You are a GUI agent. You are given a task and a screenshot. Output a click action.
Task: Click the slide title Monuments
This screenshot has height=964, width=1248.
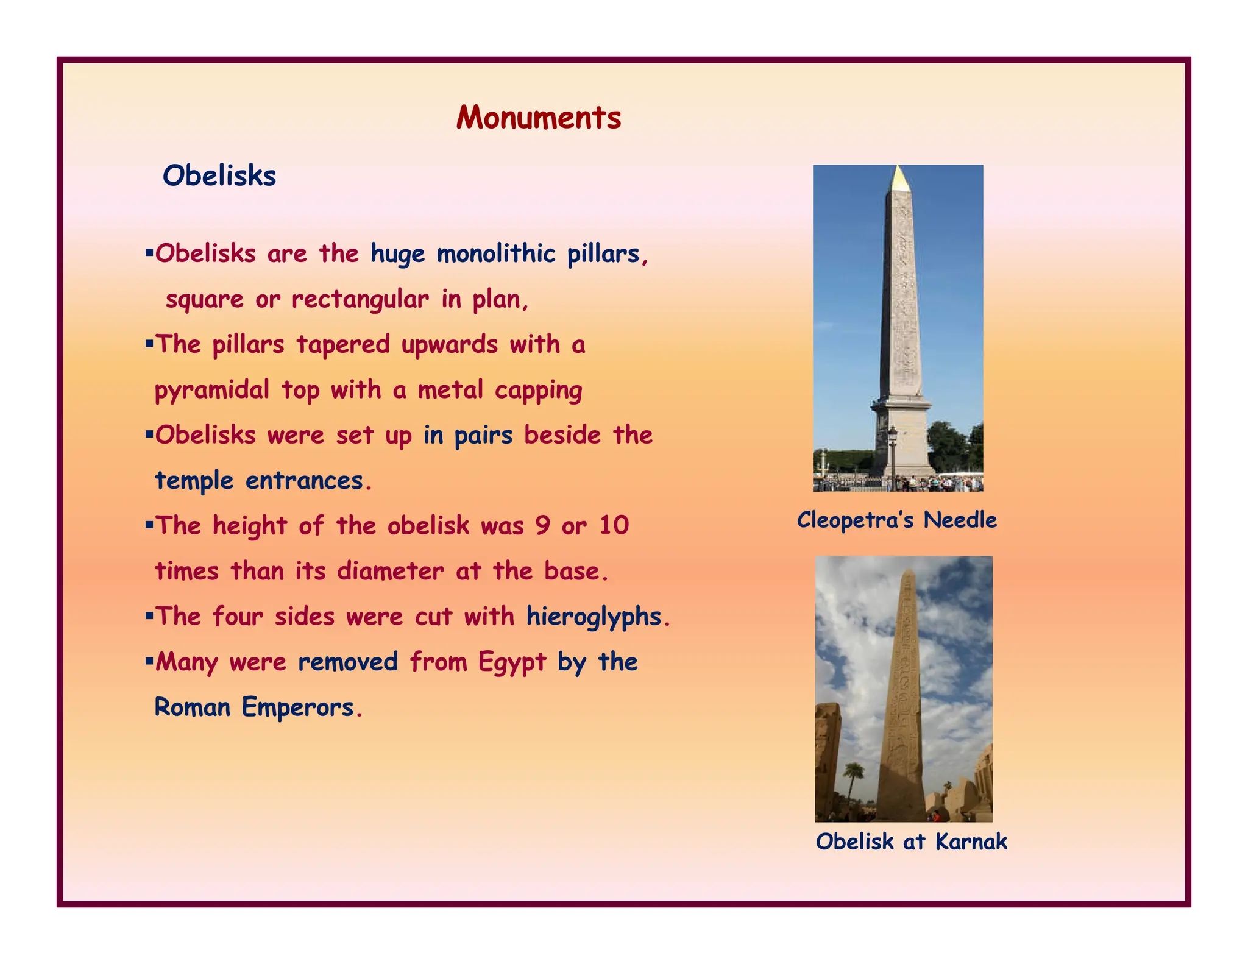pyautogui.click(x=539, y=118)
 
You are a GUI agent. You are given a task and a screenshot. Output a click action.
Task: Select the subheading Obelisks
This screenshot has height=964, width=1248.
pyautogui.click(x=219, y=176)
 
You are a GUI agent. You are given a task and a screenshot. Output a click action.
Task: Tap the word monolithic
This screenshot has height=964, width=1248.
pyautogui.click(x=496, y=253)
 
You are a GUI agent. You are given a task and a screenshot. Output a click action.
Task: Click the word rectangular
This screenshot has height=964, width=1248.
pyautogui.click(x=360, y=299)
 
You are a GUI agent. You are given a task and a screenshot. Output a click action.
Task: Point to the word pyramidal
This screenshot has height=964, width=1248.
pyautogui.click(x=211, y=390)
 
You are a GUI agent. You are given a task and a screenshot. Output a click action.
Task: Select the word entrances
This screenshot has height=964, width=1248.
pyautogui.click(x=308, y=481)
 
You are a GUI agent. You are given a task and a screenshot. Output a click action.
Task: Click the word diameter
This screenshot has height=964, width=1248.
pyautogui.click(x=390, y=572)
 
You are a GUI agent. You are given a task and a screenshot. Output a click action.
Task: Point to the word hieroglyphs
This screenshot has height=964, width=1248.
pyautogui.click(x=594, y=617)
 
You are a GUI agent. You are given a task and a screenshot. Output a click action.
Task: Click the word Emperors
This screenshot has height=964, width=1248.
pyautogui.click(x=298, y=707)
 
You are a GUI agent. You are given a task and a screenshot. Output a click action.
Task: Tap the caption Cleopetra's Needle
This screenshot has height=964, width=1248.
pyautogui.click(x=897, y=520)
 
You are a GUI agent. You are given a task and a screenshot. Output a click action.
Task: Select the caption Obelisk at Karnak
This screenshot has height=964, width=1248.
pyautogui.click(x=911, y=842)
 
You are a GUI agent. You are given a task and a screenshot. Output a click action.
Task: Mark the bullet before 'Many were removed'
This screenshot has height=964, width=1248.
pyautogui.click(x=149, y=660)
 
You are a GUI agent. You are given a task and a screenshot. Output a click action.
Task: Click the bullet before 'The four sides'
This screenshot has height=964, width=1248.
pyautogui.click(x=149, y=615)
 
